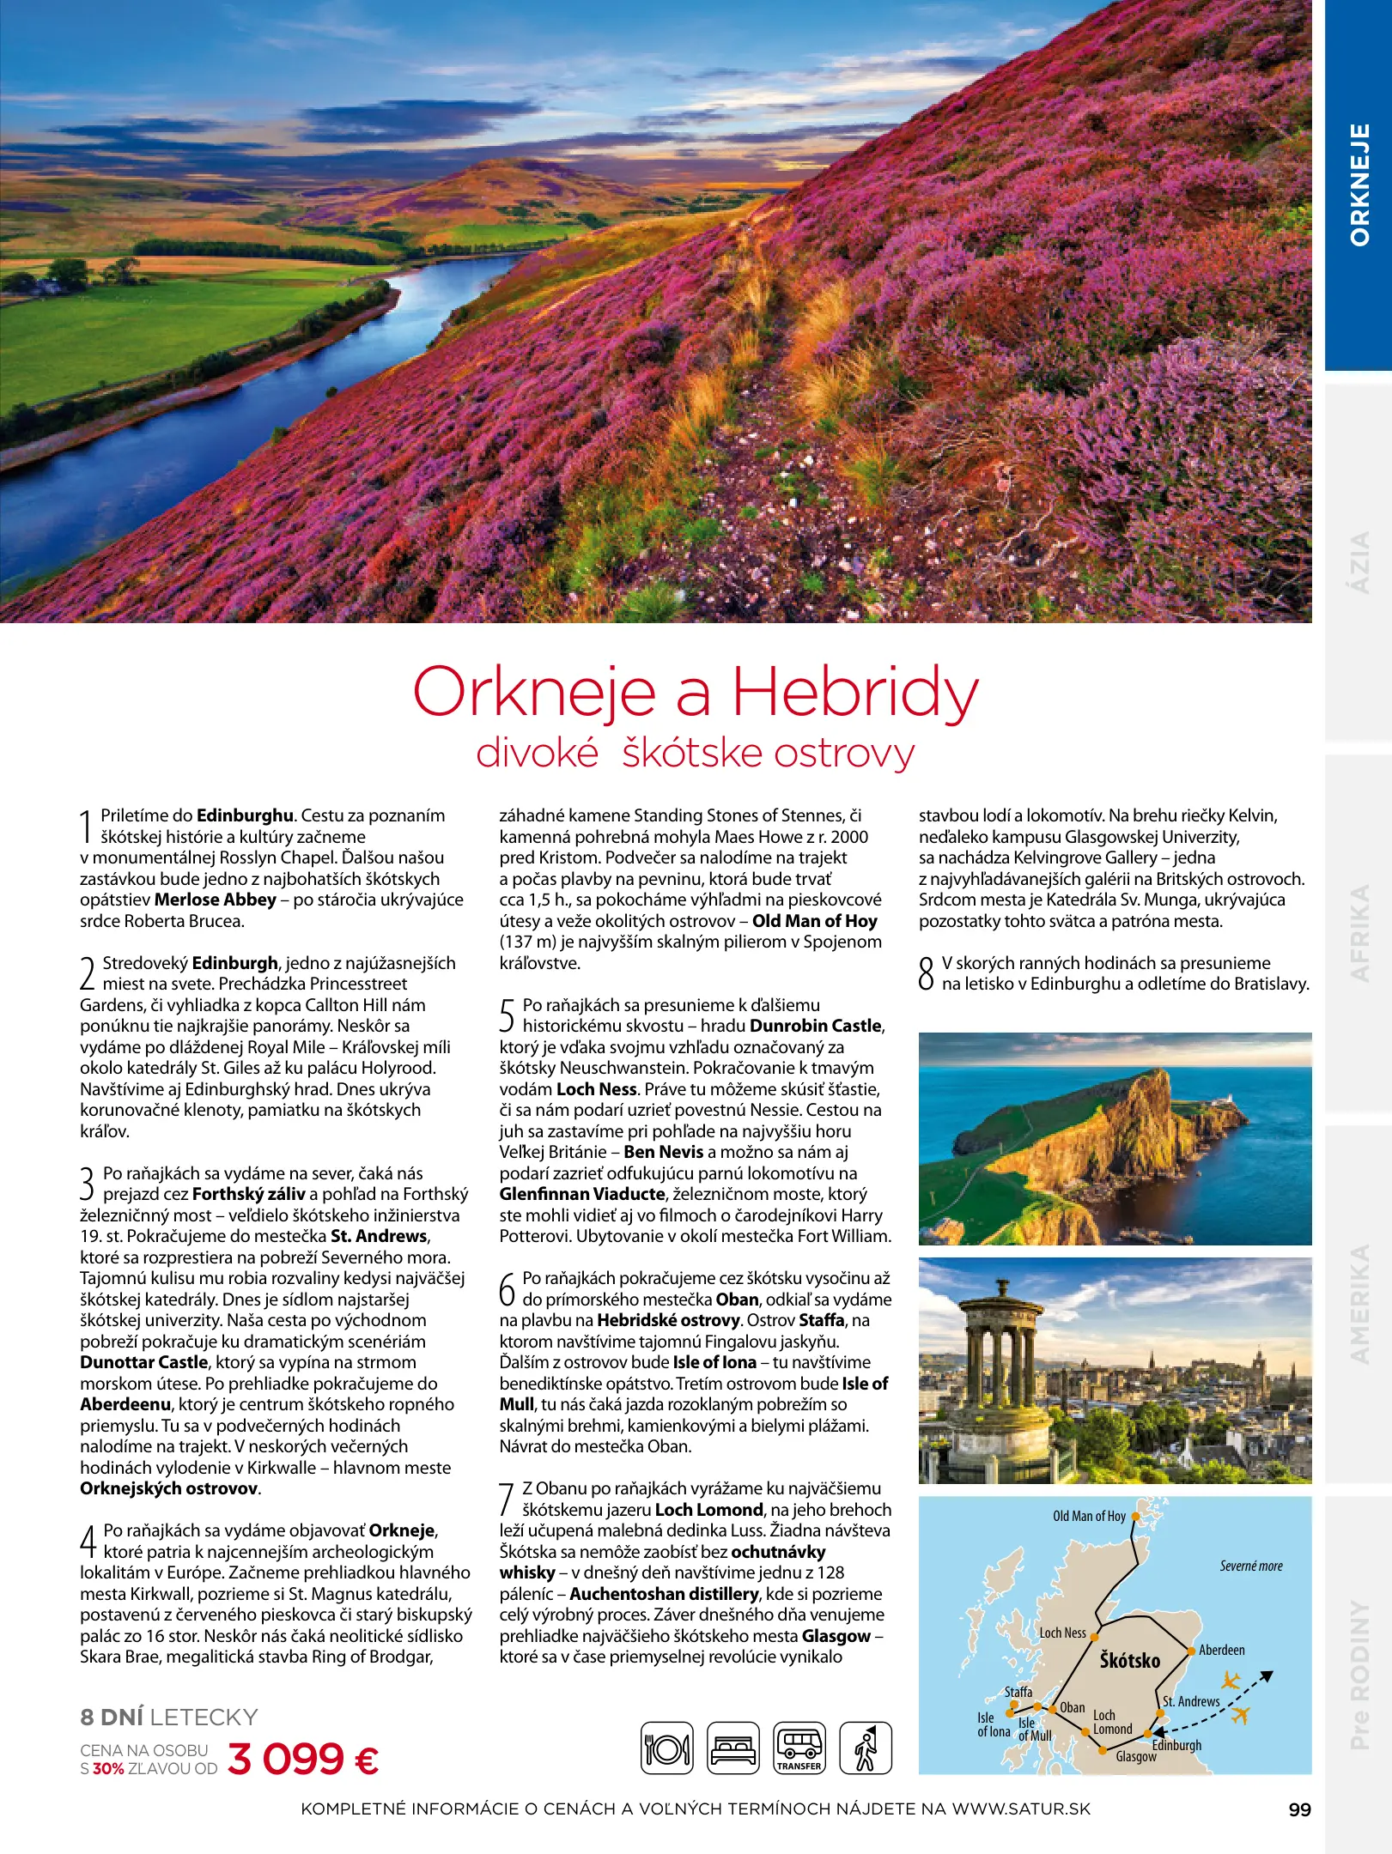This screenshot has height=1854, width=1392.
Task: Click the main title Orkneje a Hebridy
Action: [x=696, y=692]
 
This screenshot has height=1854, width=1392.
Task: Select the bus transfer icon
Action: [x=799, y=1748]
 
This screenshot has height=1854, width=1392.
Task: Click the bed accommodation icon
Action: [x=732, y=1748]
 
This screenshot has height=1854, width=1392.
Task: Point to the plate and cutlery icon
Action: [x=667, y=1748]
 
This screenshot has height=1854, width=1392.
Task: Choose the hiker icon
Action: [x=866, y=1748]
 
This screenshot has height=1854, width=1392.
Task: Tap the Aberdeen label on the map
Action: [x=1221, y=1650]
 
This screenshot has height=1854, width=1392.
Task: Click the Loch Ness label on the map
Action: [x=1062, y=1633]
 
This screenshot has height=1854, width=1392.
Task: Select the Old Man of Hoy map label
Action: [x=1089, y=1516]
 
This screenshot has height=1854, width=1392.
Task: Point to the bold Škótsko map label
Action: [x=1129, y=1661]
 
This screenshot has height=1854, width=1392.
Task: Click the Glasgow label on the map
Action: [x=1135, y=1756]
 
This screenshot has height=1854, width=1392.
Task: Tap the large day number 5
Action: [x=508, y=1015]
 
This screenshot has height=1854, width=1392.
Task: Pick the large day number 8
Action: [x=926, y=974]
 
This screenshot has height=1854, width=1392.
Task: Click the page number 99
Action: [x=1299, y=1809]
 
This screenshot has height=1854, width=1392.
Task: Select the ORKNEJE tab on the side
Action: [x=1359, y=185]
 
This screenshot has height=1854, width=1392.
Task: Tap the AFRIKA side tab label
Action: [x=1359, y=933]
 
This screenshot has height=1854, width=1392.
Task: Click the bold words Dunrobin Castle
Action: [x=816, y=1026]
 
